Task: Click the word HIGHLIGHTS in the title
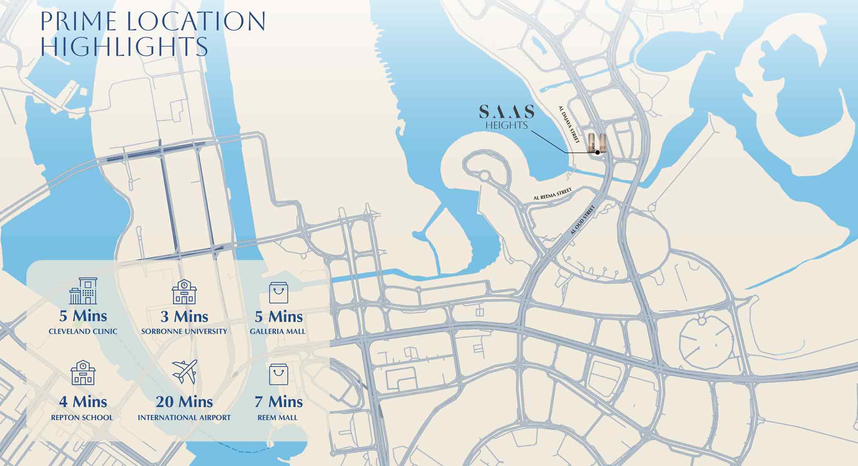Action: pos(124,46)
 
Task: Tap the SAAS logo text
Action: pos(506,112)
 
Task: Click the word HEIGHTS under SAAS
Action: pos(506,125)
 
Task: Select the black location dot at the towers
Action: pos(598,153)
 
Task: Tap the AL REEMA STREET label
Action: pos(552,194)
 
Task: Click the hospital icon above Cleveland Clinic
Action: pos(83,291)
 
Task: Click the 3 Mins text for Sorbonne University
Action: pos(184,317)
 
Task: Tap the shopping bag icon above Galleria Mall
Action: pos(278,293)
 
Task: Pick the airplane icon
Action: pos(185,371)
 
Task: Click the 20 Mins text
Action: pos(184,402)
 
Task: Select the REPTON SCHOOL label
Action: pos(82,417)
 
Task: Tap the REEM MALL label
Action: pos(277,417)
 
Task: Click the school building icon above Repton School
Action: pos(83,373)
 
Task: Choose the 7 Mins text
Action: pos(278,402)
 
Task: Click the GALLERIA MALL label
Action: pos(277,331)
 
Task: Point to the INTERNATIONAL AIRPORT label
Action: pos(184,417)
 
